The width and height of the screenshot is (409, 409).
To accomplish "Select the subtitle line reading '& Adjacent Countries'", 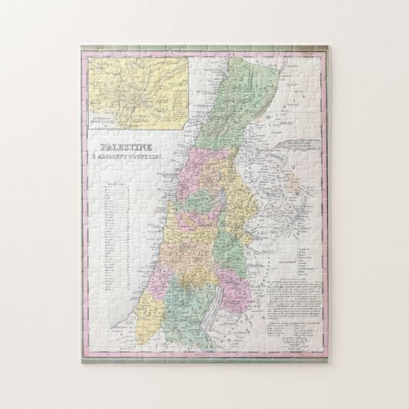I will coord(124,154).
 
